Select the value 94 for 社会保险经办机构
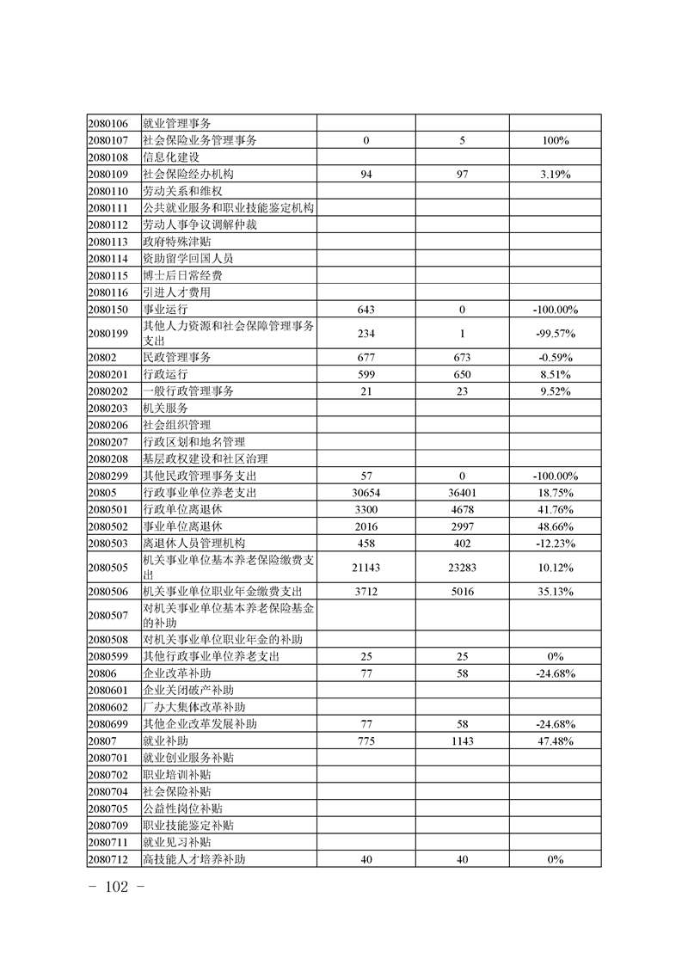point(366,174)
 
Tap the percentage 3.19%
point(556,174)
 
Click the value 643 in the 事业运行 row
point(366,309)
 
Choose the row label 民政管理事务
point(176,357)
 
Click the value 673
point(463,357)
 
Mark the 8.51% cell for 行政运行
point(556,374)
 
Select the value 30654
point(366,493)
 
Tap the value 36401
point(463,493)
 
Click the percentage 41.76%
point(556,509)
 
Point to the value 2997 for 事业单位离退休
point(463,526)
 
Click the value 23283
point(463,567)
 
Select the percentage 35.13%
point(556,591)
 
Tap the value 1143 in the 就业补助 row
point(463,741)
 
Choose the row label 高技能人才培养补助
point(199,859)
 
